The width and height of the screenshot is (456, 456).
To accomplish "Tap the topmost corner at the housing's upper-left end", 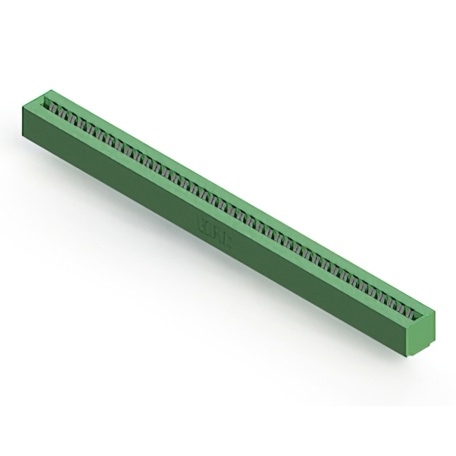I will [51, 90].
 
